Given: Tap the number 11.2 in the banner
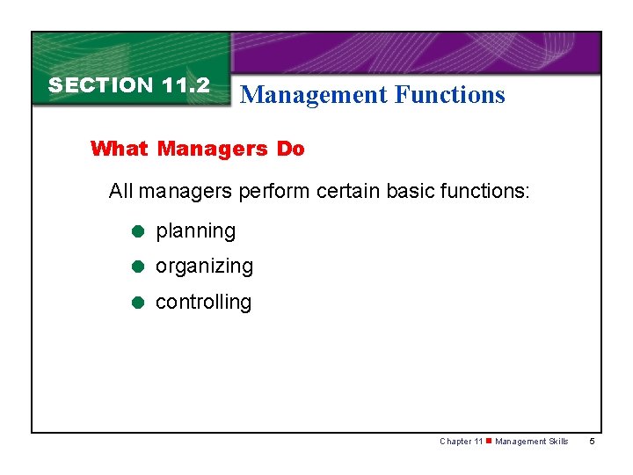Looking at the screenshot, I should pos(186,85).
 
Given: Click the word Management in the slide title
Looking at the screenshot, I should pos(314,95).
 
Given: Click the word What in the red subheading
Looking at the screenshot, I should pos(120,149).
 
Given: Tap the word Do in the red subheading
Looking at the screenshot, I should pos(290,149).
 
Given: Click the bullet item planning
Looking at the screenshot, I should pos(195,231).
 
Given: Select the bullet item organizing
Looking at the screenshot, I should pos(204,267).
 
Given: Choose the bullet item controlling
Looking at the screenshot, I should pos(203,302).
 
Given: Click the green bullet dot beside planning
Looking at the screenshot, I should pos(137,232).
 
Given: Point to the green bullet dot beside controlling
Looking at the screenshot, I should pos(137,303).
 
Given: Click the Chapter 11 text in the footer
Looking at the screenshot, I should pos(461,442).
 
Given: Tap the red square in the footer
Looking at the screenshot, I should pos(489,441).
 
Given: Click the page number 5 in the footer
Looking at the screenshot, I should pos(593,442).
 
